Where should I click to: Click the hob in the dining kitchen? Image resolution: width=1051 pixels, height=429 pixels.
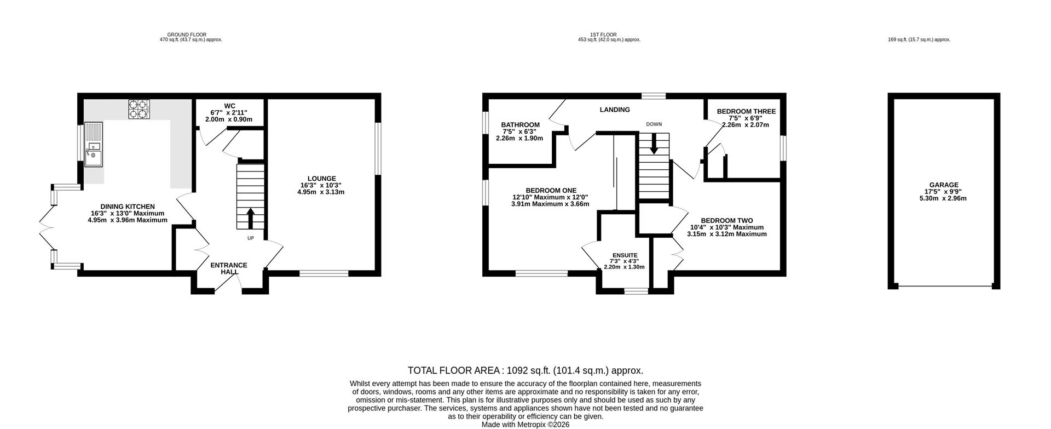pyautogui.click(x=139, y=108)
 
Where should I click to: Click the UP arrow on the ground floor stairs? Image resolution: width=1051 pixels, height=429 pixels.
pyautogui.click(x=251, y=218)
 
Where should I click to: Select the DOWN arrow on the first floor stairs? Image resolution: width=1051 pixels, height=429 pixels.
pyautogui.click(x=654, y=144)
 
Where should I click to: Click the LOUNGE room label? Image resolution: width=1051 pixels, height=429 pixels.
pyautogui.click(x=322, y=178)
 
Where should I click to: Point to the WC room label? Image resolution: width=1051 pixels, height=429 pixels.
pyautogui.click(x=229, y=106)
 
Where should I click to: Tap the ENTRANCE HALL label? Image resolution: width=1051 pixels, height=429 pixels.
pyautogui.click(x=229, y=268)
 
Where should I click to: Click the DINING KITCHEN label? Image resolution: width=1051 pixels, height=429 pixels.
pyautogui.click(x=128, y=207)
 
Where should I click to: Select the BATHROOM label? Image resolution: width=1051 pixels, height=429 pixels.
pyautogui.click(x=521, y=125)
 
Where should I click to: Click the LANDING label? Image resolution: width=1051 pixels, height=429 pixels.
pyautogui.click(x=615, y=110)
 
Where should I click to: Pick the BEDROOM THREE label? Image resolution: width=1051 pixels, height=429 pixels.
pyautogui.click(x=747, y=111)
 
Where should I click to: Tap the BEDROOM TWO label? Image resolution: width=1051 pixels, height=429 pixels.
pyautogui.click(x=727, y=221)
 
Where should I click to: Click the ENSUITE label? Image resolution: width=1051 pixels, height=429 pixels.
pyautogui.click(x=625, y=255)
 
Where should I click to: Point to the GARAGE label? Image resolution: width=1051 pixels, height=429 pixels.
pyautogui.click(x=944, y=185)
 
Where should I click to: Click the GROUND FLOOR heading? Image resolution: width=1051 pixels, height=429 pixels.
pyautogui.click(x=187, y=35)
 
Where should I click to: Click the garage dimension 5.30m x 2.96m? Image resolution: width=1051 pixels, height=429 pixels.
pyautogui.click(x=943, y=198)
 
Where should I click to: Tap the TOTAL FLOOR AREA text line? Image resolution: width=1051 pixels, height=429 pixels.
pyautogui.click(x=525, y=370)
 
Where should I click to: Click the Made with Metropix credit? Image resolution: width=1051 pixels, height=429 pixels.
pyautogui.click(x=525, y=425)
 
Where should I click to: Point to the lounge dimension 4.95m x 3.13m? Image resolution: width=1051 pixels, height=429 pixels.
pyautogui.click(x=321, y=192)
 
